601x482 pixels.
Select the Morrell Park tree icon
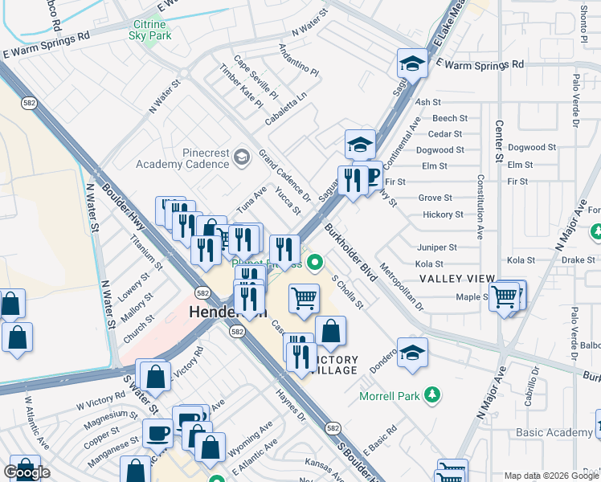(432, 394)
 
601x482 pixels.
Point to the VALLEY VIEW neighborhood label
(457, 279)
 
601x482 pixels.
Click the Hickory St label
(443, 214)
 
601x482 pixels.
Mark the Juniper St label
(436, 247)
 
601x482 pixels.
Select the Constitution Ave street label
(480, 206)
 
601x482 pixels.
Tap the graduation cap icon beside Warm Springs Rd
(411, 63)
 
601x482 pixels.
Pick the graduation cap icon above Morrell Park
(412, 353)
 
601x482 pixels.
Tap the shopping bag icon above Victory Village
(330, 330)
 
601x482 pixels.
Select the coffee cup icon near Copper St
(158, 433)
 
